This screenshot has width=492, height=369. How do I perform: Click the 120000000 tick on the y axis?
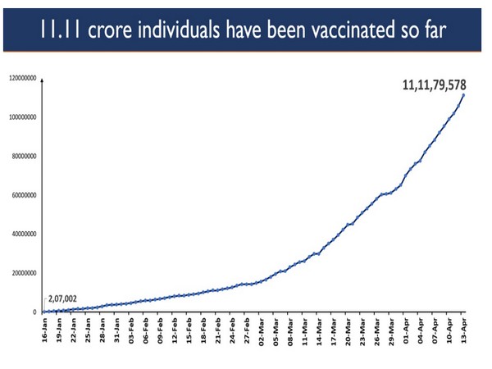click(24, 79)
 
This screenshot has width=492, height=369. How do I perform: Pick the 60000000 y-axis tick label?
click(25, 195)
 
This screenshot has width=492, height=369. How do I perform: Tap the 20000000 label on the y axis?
click(25, 273)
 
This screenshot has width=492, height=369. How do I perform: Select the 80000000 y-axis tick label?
click(25, 156)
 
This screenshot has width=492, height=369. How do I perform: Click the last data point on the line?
click(464, 94)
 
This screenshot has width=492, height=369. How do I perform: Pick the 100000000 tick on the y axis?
click(24, 117)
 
